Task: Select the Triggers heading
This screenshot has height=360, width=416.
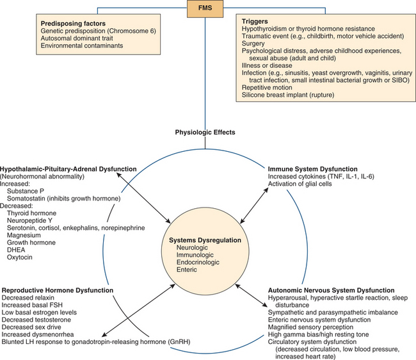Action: click(x=257, y=20)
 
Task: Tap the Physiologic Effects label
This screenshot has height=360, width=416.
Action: click(x=205, y=133)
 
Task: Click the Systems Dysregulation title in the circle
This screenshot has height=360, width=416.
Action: click(x=205, y=240)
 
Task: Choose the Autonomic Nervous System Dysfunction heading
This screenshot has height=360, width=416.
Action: click(x=326, y=289)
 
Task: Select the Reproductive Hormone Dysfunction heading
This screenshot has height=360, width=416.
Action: click(x=58, y=290)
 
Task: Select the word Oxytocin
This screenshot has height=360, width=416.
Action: click(x=22, y=258)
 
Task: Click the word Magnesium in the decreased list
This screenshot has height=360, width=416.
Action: click(x=25, y=235)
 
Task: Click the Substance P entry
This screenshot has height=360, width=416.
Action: click(x=26, y=191)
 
